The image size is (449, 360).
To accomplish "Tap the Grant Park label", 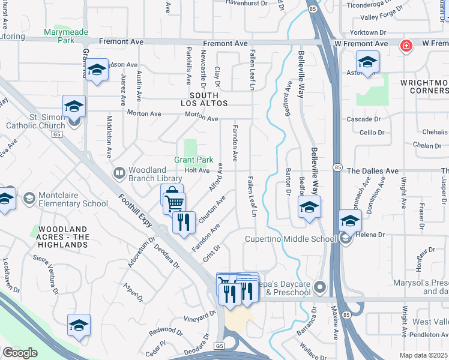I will click(194, 160).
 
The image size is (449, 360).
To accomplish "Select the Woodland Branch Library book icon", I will click(119, 175).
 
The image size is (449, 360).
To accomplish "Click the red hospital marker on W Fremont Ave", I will click(406, 46).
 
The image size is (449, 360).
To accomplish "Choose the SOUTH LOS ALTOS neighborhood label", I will click(208, 100).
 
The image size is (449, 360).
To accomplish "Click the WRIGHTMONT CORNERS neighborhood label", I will click(421, 86).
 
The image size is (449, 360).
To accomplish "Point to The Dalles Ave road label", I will click(372, 171).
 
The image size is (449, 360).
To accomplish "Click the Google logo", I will click(20, 353).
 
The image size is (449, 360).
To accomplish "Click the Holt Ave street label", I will click(197, 171).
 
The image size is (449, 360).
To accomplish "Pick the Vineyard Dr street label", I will click(199, 316).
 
